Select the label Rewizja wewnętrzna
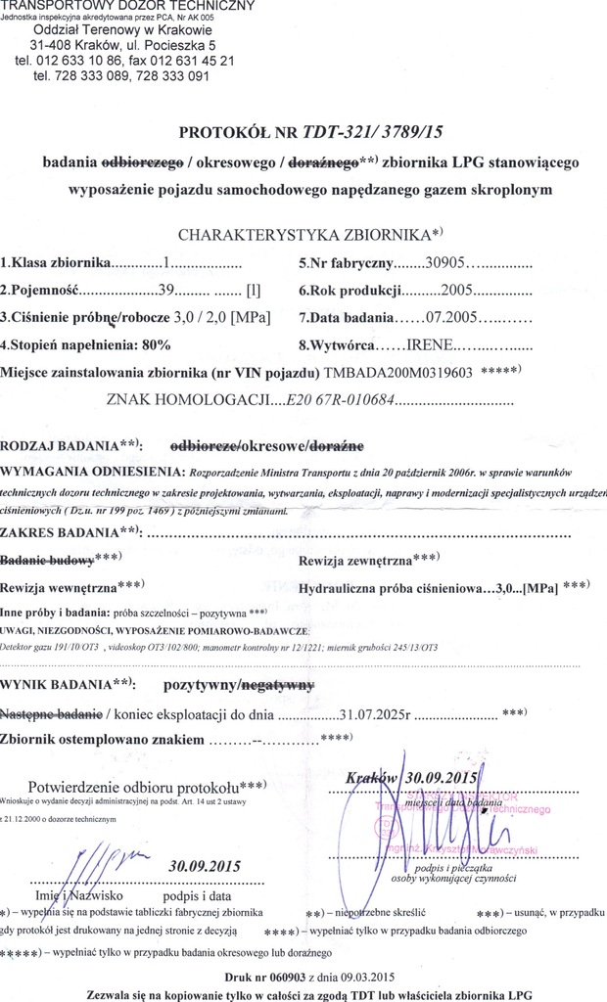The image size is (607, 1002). (x=58, y=588)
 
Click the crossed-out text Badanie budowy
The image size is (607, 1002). (x=47, y=561)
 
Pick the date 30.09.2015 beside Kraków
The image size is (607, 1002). (x=440, y=778)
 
